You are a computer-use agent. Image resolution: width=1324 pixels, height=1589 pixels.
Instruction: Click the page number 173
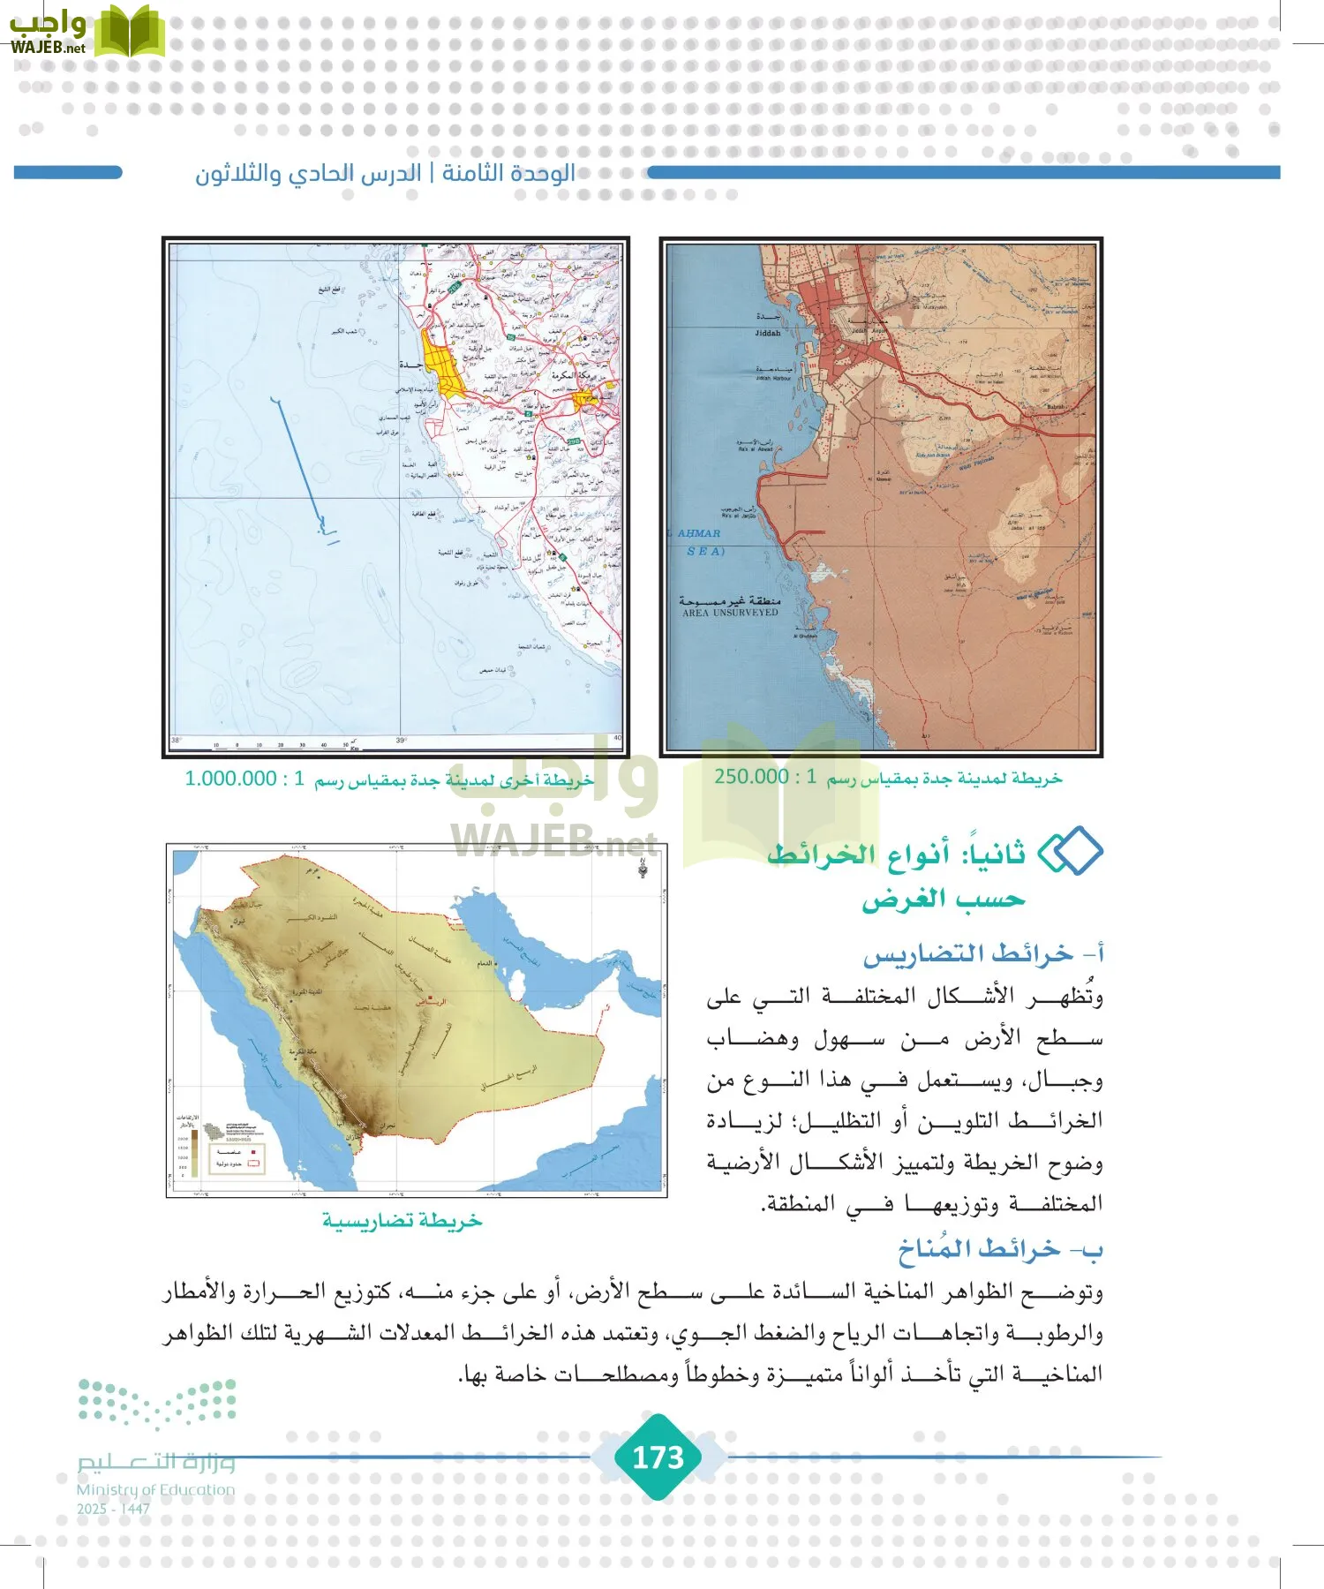click(658, 1457)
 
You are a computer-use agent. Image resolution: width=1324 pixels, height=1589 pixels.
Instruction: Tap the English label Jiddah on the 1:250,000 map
click(768, 333)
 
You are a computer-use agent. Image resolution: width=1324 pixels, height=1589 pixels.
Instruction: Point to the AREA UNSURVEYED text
click(730, 612)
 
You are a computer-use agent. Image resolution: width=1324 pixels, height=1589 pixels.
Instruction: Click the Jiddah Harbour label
click(773, 378)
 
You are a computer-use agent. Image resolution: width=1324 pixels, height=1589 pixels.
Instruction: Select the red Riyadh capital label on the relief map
click(432, 1002)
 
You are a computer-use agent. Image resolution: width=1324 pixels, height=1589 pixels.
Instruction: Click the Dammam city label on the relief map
click(486, 963)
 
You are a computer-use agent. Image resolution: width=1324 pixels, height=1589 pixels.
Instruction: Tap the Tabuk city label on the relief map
click(238, 921)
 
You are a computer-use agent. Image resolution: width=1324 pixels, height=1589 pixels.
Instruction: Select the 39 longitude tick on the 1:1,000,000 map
click(401, 741)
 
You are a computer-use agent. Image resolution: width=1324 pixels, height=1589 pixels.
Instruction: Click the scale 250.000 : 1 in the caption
click(764, 777)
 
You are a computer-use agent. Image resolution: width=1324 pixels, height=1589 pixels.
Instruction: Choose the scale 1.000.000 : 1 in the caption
click(244, 779)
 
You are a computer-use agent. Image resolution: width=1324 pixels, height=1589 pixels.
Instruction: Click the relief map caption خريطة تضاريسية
click(402, 1221)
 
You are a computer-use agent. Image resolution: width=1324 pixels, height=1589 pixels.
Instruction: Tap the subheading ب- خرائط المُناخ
click(1000, 1249)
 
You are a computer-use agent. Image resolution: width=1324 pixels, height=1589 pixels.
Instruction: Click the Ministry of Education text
click(155, 1490)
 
